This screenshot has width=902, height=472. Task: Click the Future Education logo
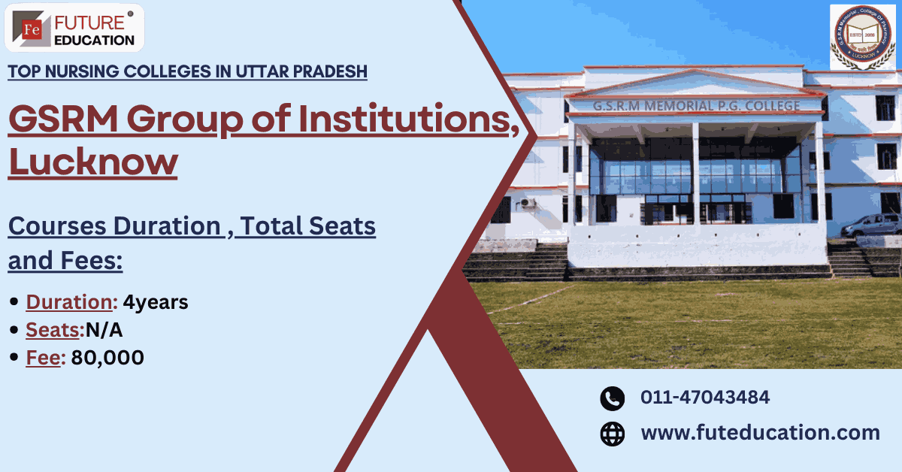[74, 29]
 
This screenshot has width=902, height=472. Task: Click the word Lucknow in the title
[92, 162]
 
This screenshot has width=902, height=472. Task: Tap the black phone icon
[613, 398]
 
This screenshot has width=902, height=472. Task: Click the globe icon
[613, 434]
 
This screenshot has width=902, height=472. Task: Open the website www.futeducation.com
[760, 433]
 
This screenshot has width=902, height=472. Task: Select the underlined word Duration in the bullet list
[69, 302]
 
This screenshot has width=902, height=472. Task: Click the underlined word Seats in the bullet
[53, 330]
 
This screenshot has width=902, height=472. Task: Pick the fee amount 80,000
[107, 359]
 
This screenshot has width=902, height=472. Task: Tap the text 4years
[156, 302]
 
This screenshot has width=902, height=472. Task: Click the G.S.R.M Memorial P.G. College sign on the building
[695, 105]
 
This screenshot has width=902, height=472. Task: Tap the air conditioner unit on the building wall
[527, 203]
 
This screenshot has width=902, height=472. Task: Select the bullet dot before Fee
[14, 359]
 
